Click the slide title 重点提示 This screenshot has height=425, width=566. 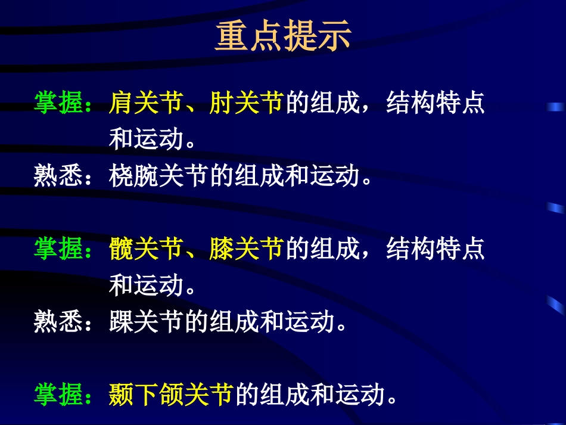click(283, 37)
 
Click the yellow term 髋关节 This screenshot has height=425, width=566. click(145, 249)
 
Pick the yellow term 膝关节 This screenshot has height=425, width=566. click(245, 249)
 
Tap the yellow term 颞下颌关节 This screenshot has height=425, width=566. click(171, 395)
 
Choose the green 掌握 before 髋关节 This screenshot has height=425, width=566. click(58, 249)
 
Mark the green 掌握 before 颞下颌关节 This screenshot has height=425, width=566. click(58, 395)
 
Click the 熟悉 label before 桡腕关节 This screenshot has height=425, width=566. click(58, 176)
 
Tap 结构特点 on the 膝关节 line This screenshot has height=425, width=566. click(436, 249)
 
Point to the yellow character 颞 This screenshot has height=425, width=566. click(121, 395)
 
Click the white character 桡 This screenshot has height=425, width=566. click(121, 176)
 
